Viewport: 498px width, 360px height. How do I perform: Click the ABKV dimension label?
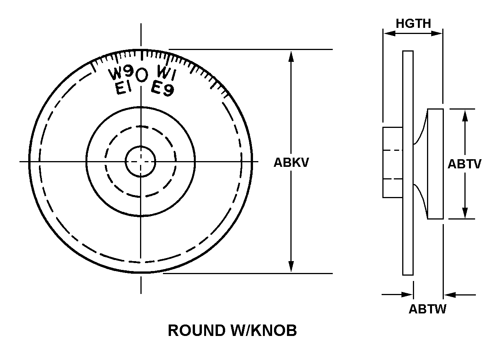291,163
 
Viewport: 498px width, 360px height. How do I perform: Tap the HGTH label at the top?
413,24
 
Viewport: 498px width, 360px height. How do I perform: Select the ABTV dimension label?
464,164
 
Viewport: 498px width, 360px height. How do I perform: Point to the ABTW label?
427,309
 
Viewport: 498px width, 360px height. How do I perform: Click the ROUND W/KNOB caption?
232,331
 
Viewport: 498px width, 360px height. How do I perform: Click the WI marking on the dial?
166,73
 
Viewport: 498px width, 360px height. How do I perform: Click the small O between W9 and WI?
142,75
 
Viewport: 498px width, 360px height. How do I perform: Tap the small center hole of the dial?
141,161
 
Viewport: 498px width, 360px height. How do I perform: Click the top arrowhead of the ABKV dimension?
291,55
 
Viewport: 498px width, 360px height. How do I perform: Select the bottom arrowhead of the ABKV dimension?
291,267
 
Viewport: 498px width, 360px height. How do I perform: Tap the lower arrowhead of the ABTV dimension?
465,213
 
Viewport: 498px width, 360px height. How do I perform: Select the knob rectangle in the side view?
435,164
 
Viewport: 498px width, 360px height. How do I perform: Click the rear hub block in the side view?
392,162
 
